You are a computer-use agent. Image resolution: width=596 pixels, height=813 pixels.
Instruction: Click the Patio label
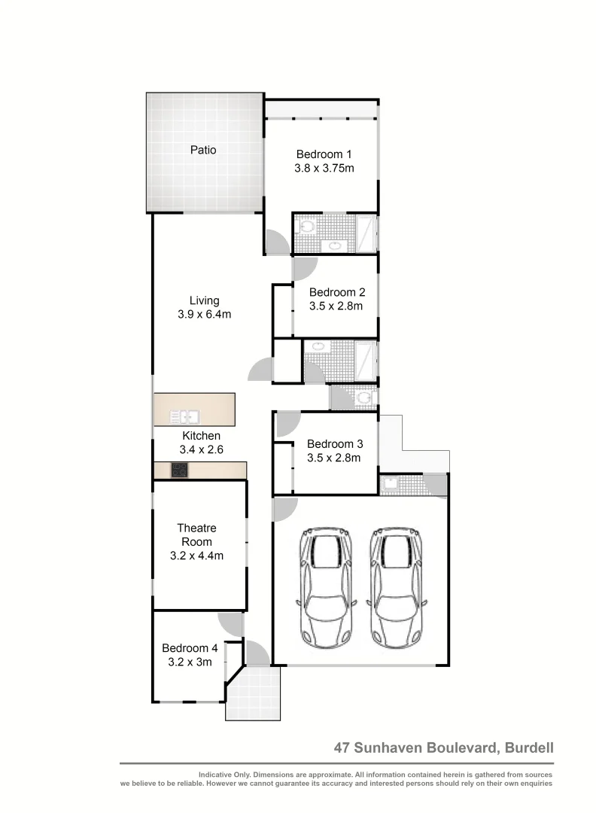click(x=203, y=150)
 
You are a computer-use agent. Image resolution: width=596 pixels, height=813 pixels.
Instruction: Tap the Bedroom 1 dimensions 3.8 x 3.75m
click(x=324, y=169)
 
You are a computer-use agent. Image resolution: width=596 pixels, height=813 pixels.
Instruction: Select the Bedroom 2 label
click(x=336, y=292)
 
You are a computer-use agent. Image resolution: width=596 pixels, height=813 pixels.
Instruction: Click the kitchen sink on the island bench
click(x=184, y=416)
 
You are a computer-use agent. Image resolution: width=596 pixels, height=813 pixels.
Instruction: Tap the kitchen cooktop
click(x=180, y=470)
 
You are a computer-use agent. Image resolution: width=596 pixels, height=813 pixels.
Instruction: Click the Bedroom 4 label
click(x=190, y=648)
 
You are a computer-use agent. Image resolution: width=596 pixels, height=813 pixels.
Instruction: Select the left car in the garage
click(x=326, y=587)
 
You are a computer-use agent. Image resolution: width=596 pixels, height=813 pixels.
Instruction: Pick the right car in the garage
click(x=394, y=587)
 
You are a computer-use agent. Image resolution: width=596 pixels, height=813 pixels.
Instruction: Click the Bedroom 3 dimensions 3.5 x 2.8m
click(x=334, y=457)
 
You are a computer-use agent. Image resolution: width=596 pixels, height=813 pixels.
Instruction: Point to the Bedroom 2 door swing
click(x=305, y=269)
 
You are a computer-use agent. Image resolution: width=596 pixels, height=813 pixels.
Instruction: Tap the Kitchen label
click(x=201, y=436)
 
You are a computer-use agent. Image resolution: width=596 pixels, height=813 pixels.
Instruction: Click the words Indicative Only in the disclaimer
click(x=223, y=775)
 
